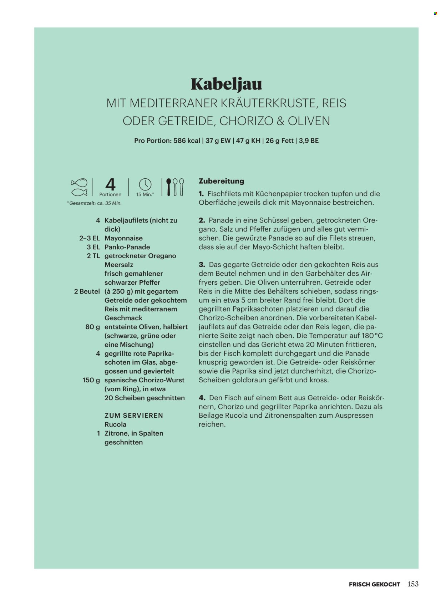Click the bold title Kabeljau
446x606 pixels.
pyautogui.click(x=226, y=84)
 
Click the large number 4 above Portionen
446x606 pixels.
pyautogui.click(x=110, y=185)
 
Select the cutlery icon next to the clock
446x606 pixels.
pyautogui.click(x=175, y=187)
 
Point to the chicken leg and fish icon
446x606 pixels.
pyautogui.click(x=79, y=187)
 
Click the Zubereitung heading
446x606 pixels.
pyautogui.click(x=221, y=181)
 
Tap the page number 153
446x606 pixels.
pyautogui.click(x=413, y=584)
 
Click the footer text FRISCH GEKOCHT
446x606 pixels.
pyautogui.click(x=374, y=584)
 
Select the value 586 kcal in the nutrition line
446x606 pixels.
pyautogui.click(x=187, y=141)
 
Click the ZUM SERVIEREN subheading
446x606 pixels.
pyautogui.click(x=134, y=416)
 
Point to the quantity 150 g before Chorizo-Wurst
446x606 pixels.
pyautogui.click(x=91, y=380)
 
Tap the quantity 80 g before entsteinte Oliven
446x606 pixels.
pyautogui.click(x=93, y=327)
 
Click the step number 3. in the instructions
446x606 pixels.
pyautogui.click(x=202, y=265)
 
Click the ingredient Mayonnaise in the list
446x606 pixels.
pyautogui.click(x=123, y=238)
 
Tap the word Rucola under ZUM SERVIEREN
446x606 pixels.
pyautogui.click(x=115, y=424)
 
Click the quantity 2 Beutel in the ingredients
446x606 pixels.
pyautogui.click(x=87, y=291)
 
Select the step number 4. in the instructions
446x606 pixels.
pyautogui.click(x=202, y=398)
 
